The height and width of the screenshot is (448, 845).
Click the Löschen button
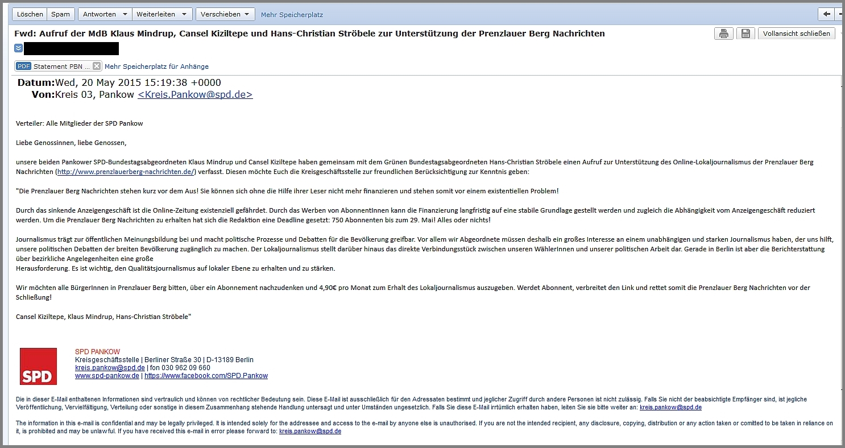[x=30, y=14]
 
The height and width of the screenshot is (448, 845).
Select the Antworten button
[x=99, y=14]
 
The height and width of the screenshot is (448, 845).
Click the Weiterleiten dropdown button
[x=162, y=14]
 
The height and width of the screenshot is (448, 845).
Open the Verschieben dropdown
[x=225, y=14]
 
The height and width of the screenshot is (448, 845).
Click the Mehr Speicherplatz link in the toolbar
[x=292, y=15]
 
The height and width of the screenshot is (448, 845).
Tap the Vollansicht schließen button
[x=797, y=34]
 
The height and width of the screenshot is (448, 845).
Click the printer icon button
[x=723, y=34]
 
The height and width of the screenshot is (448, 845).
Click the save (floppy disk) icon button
[x=745, y=34]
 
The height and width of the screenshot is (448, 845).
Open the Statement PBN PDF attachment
[x=57, y=67]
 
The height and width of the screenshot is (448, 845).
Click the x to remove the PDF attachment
[x=97, y=67]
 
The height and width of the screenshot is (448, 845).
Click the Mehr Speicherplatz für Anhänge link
[x=156, y=67]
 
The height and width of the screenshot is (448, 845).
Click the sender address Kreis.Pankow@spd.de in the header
[x=195, y=95]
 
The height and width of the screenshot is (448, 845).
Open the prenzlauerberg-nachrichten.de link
[x=126, y=172]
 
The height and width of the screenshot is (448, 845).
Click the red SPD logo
[x=38, y=367]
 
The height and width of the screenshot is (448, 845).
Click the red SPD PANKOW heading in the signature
[x=97, y=352]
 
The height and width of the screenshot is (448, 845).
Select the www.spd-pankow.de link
[x=107, y=376]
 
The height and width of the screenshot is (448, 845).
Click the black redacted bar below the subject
[x=71, y=49]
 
